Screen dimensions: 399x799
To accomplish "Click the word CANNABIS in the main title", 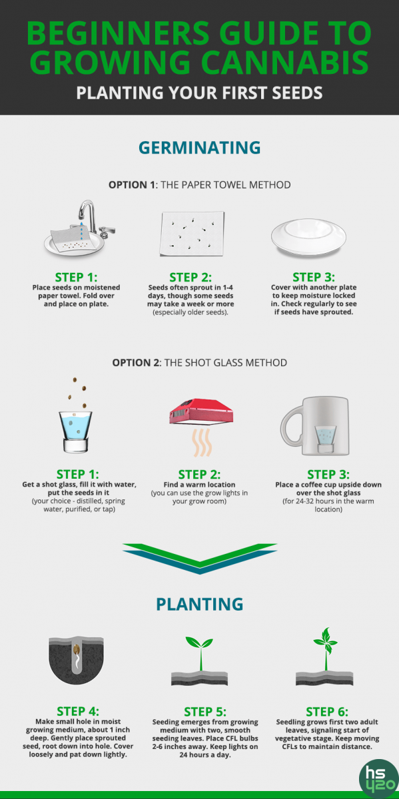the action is click(284, 62).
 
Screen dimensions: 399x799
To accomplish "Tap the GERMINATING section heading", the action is click(200, 148).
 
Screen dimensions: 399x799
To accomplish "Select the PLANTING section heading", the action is click(200, 605).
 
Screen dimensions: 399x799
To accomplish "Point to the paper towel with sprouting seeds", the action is click(192, 234).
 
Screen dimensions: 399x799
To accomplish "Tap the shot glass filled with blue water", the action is click(75, 431).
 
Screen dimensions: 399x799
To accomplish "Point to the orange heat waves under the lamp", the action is click(202, 442).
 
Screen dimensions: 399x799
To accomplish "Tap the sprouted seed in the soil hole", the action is click(76, 651).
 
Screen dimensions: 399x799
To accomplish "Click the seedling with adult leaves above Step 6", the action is click(326, 650).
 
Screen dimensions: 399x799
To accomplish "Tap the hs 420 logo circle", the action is click(379, 779).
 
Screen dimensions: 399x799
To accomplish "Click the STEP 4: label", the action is click(78, 712).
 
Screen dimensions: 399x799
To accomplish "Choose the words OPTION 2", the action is click(135, 363).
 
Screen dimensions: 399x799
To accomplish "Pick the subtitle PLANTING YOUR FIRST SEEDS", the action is click(200, 93).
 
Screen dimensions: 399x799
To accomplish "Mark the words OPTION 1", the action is click(132, 185).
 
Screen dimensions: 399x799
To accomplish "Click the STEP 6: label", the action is click(327, 712).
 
